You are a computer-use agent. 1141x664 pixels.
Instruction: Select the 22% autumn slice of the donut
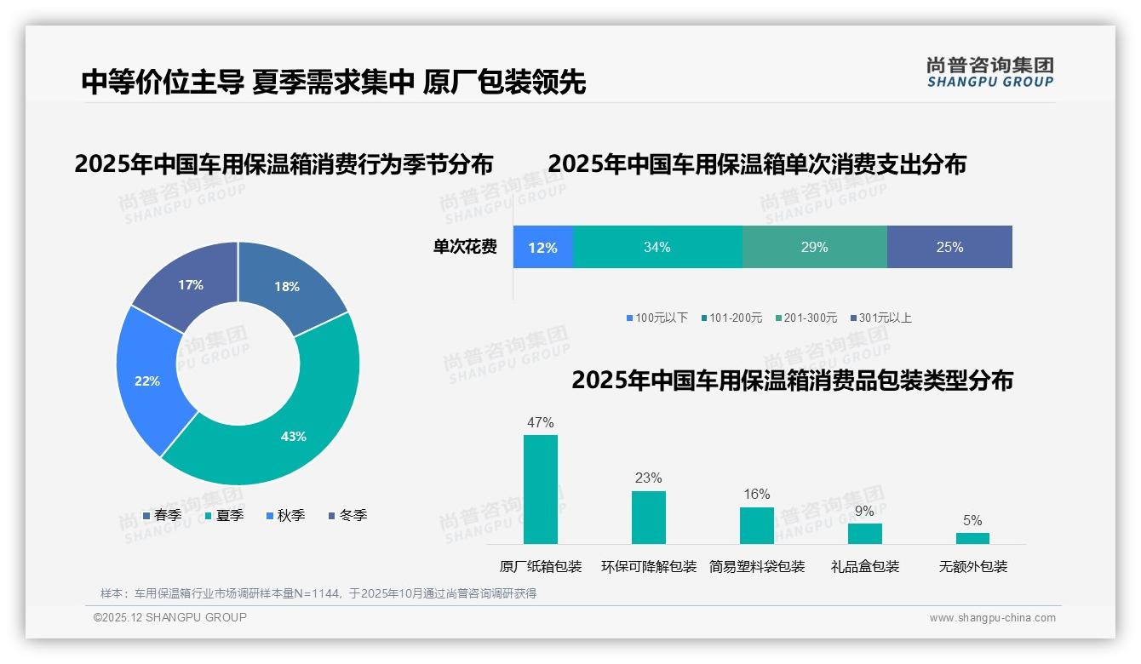pos(147,381)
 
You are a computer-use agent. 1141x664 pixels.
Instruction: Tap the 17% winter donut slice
pos(191,284)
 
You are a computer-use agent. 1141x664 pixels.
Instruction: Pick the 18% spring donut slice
pos(286,286)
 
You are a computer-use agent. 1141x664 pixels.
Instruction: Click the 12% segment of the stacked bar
pos(542,247)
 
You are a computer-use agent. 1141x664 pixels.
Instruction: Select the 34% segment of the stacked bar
pos(657,247)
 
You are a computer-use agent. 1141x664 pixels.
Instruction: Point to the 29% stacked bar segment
pos(814,247)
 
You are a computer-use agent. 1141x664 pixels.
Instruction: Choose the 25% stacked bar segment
pos(949,247)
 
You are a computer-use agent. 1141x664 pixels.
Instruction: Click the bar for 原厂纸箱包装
pos(540,489)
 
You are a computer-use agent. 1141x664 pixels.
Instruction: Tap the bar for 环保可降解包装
pos(648,517)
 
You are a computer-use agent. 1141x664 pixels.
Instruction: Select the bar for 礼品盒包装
pos(864,533)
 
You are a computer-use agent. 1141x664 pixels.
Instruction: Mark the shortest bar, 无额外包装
pos(972,538)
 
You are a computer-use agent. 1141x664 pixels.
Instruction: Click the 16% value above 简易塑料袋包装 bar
pos(756,495)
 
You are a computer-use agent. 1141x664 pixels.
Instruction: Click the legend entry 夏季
pos(225,515)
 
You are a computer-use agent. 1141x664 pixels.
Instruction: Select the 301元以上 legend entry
pos(880,318)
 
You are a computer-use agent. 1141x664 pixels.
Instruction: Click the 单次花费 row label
pos(465,247)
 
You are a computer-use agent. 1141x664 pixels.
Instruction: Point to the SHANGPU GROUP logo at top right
pos(989,72)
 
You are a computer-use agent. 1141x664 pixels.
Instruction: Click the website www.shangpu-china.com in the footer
pos(992,617)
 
